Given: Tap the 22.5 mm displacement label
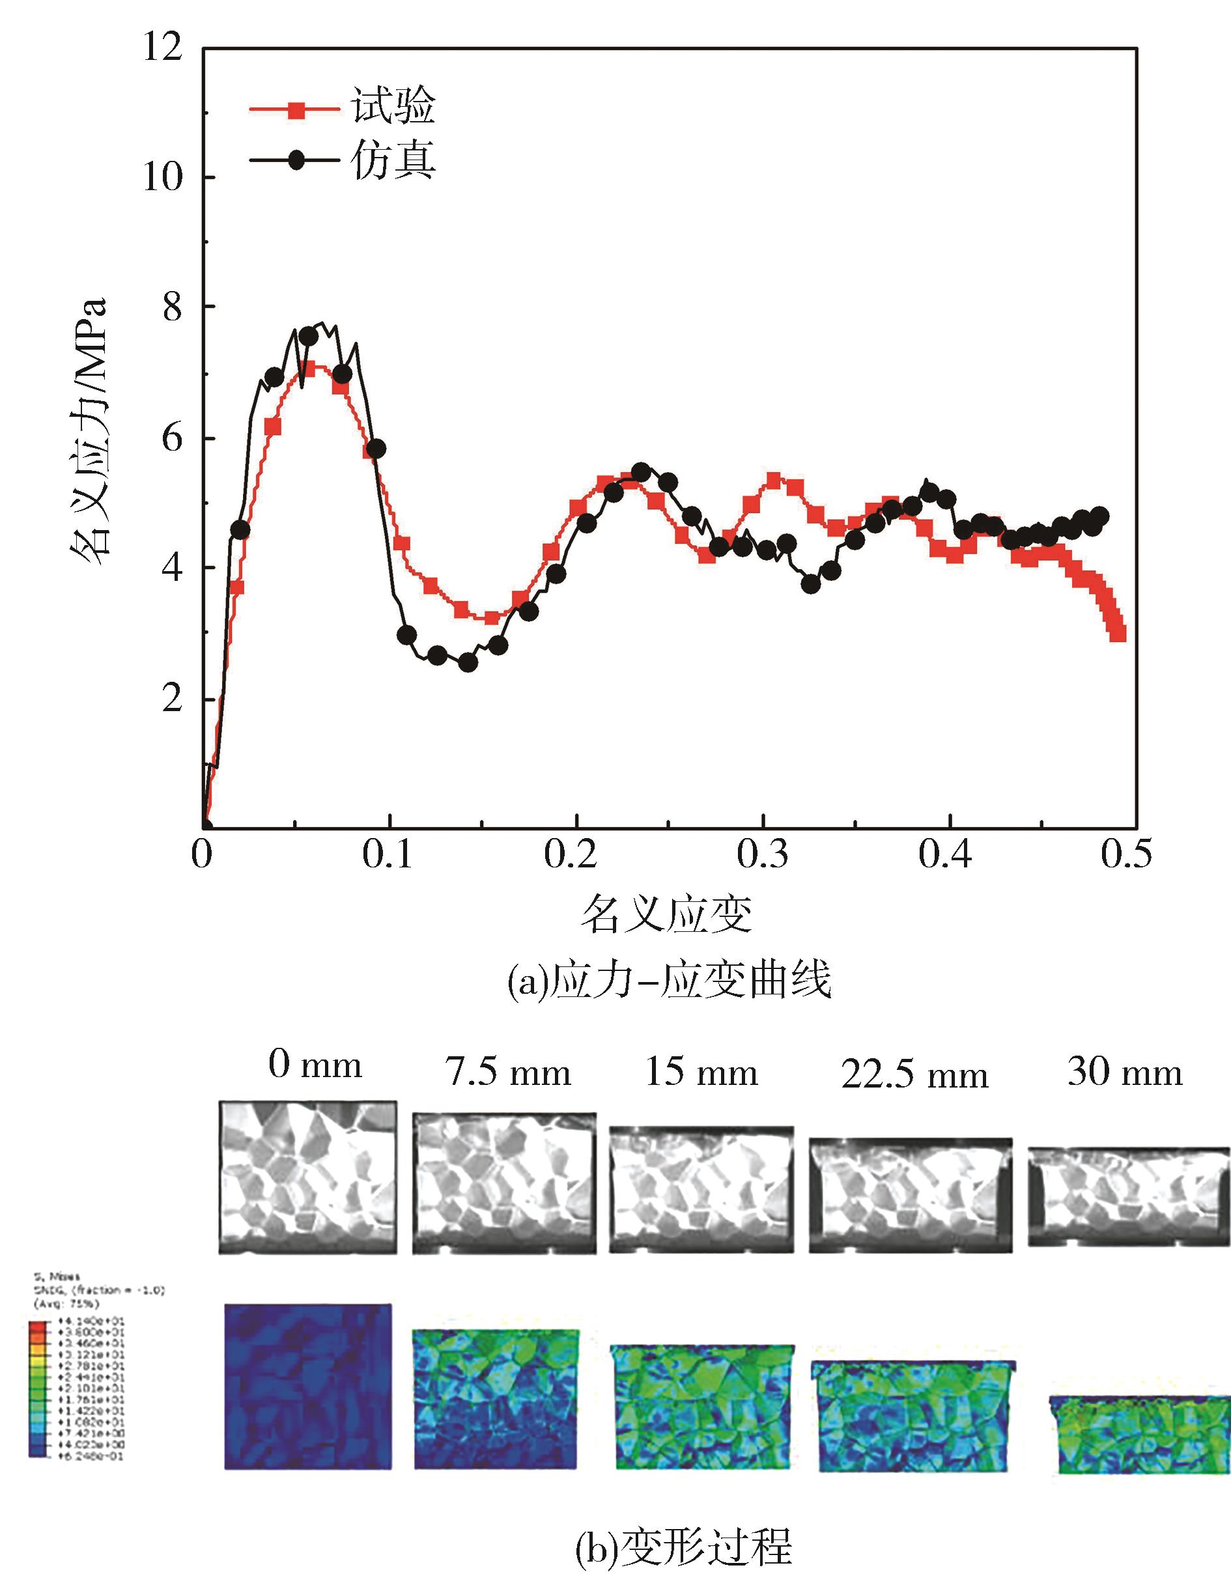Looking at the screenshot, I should [x=915, y=1074].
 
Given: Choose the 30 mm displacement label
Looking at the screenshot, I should [x=1125, y=1072].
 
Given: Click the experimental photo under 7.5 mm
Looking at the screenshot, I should [x=504, y=1182].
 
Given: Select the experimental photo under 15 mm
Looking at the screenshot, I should [x=701, y=1190].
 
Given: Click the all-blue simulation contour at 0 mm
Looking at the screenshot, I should [x=308, y=1386].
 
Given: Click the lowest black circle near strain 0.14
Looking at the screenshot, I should [x=468, y=663].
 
